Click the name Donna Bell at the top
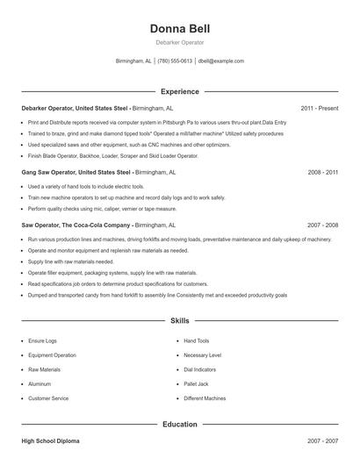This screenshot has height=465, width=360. (x=180, y=28)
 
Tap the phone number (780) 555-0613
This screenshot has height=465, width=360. (x=175, y=61)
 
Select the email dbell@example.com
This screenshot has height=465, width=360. (x=220, y=61)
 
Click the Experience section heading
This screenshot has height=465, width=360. (x=180, y=91)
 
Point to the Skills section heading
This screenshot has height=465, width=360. (x=180, y=321)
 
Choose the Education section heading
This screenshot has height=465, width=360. (x=180, y=424)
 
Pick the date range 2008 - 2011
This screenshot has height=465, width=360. (x=322, y=173)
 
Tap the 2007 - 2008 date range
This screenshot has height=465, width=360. (x=322, y=225)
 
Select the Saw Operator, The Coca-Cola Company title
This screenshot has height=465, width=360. (x=76, y=225)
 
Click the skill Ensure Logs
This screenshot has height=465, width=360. (x=44, y=340)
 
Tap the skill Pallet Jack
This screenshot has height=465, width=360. (x=196, y=383)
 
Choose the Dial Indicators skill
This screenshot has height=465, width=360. (x=201, y=369)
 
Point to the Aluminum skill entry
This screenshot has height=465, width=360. (x=40, y=383)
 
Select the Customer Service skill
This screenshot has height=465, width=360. (x=48, y=398)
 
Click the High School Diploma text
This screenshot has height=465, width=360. (x=50, y=440)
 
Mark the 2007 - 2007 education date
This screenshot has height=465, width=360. (x=322, y=440)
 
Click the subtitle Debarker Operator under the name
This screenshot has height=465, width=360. (x=180, y=42)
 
